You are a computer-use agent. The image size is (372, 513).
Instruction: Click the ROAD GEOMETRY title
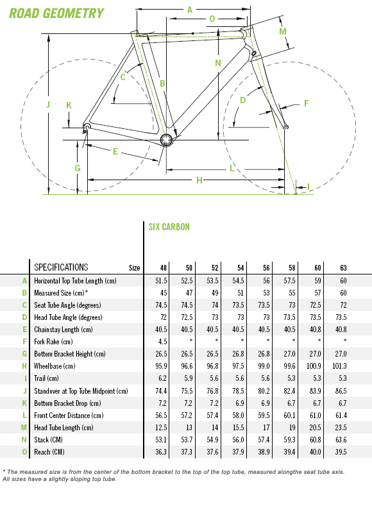point(56,13)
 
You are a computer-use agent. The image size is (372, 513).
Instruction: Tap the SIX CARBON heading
point(169,227)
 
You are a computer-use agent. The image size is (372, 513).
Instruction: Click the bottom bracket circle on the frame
point(167,140)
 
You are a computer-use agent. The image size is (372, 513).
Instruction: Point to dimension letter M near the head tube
point(283,31)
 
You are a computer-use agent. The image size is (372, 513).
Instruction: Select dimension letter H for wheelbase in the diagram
point(199,180)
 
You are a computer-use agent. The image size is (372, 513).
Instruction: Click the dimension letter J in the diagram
point(48,105)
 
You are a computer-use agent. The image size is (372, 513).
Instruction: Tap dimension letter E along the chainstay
point(115,151)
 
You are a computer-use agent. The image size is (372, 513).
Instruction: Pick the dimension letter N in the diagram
point(218,63)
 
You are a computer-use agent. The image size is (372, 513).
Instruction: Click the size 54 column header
point(241,268)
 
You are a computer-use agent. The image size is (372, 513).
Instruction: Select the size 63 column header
point(343,268)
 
